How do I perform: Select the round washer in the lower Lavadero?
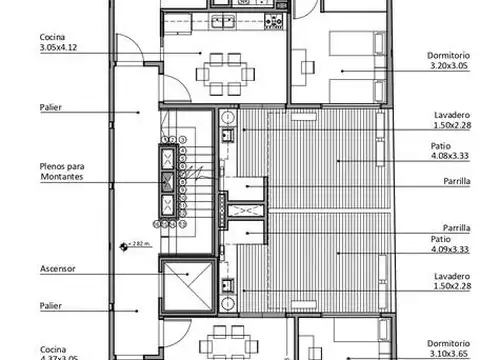click(x=228, y=283)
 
